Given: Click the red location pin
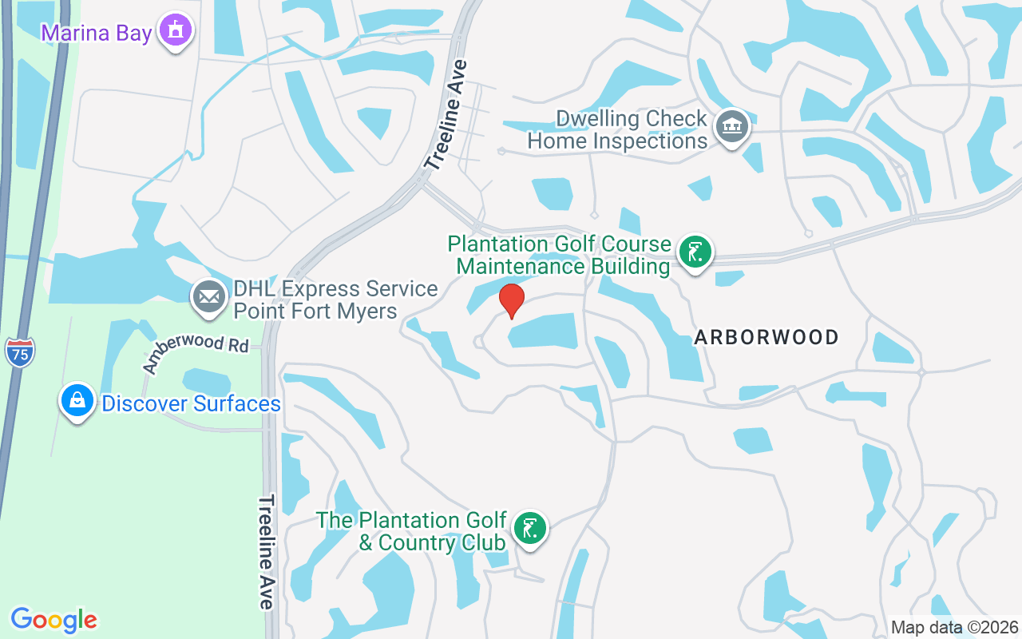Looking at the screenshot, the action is [x=511, y=300].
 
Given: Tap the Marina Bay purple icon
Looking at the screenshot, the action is [x=175, y=32].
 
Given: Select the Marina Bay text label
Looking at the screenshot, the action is [x=97, y=34].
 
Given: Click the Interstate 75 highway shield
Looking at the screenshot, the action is [x=19, y=352].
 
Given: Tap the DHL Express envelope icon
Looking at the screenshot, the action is [x=209, y=298].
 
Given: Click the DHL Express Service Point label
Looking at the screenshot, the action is [x=335, y=300].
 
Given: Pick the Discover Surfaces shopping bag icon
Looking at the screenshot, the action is [x=77, y=402].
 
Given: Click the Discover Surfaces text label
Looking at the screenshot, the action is [x=191, y=403].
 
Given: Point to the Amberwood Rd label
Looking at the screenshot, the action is [x=196, y=353].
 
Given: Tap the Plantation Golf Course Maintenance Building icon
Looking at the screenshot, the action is [x=695, y=252].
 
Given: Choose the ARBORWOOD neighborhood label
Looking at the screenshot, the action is [x=766, y=337].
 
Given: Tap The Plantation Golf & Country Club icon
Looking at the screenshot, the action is [x=529, y=529].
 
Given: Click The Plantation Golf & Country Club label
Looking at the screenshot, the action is [x=412, y=531].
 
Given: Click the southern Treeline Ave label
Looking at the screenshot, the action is [x=267, y=552].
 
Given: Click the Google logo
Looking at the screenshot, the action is [x=54, y=620].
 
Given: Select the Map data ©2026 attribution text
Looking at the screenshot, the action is [x=955, y=627].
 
